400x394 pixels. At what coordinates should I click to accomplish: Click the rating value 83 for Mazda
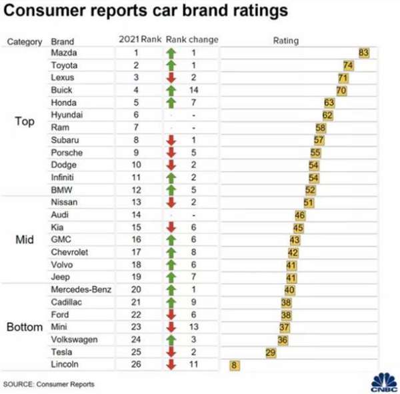point(364,53)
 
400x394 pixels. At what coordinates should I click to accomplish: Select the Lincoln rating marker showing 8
point(234,365)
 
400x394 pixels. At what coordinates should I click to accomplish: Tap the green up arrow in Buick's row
point(171,89)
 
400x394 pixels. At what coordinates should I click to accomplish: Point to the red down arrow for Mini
point(171,327)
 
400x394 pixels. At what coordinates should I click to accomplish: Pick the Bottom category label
point(25,328)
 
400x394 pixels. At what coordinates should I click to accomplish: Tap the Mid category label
point(25,239)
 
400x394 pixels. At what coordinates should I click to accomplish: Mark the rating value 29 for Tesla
point(271,352)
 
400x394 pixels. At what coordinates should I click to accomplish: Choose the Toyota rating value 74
point(348,65)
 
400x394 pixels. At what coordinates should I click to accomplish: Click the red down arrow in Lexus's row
point(171,77)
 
